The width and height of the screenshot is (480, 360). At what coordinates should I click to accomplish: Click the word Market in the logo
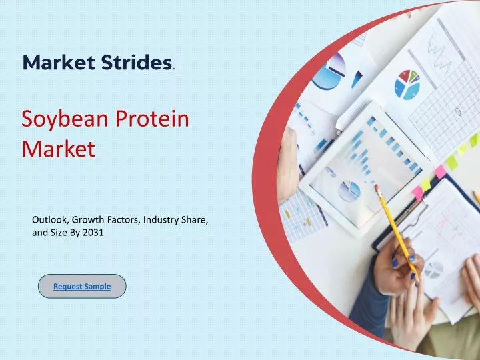pos(59,62)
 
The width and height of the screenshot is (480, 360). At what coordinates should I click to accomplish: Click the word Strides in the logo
pos(137,62)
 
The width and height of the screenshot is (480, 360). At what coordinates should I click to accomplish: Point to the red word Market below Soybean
pos(59,149)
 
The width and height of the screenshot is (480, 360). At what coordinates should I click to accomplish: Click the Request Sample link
pos(82,286)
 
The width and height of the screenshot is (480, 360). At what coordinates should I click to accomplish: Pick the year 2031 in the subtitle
pos(93,233)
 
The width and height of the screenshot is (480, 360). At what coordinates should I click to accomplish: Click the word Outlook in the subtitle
pos(51,219)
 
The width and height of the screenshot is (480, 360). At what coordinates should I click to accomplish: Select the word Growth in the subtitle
pos(88,219)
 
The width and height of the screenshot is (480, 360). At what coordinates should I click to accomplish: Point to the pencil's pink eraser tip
pos(377,187)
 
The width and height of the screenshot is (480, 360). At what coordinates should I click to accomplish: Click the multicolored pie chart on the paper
pos(407,85)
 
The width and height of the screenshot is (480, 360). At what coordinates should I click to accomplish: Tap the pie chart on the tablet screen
pos(349,191)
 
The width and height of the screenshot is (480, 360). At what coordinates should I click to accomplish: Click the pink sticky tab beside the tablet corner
pos(440,172)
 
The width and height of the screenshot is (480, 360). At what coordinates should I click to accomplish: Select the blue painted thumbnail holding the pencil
pos(395,263)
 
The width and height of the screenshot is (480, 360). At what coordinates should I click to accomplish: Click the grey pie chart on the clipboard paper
pos(433,270)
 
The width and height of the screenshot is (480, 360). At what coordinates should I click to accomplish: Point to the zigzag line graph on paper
pos(439,52)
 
